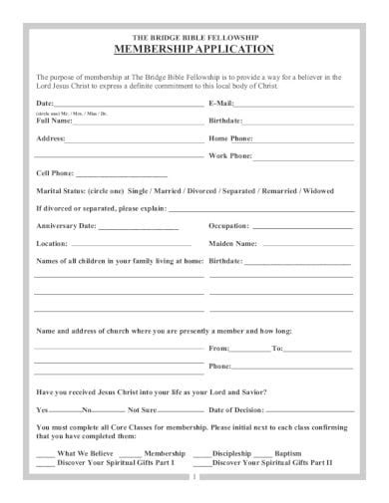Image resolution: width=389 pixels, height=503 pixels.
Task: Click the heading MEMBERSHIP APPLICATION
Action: pos(194,48)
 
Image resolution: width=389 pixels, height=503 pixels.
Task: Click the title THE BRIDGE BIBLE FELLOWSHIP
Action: pos(194,36)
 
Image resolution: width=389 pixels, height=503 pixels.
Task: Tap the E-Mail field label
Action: pos(220,103)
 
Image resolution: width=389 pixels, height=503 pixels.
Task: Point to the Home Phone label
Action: pos(230,138)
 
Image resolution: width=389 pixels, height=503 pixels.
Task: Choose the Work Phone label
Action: pos(230,156)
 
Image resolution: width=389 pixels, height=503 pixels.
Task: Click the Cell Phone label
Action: pos(55,173)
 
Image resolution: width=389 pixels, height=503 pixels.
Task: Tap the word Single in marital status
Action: pos(145,190)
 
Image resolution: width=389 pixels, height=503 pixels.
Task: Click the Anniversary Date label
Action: pos(66,225)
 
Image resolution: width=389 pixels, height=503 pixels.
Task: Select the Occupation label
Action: pos(228,225)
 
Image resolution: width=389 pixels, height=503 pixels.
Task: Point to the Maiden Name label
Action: pos(232,242)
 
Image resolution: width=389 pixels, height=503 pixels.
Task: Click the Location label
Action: pos(52,242)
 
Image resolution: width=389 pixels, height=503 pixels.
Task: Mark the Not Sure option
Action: pos(143,409)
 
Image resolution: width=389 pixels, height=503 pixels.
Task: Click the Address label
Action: pos(51,138)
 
